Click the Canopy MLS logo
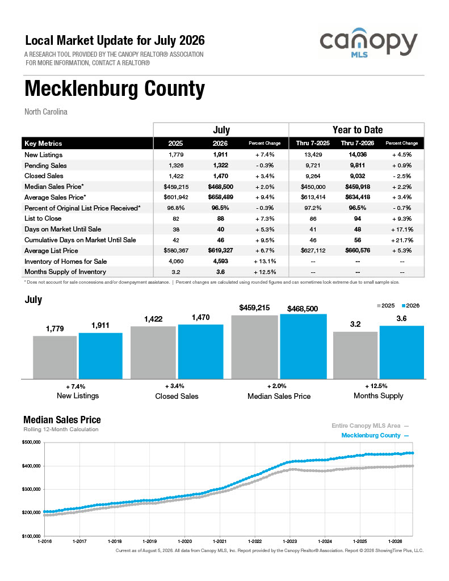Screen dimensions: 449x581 pos(368,43)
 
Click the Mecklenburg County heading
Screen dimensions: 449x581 pos(115,89)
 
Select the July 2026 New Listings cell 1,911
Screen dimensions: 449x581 pos(220,154)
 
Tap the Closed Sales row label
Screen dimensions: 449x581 pos(44,176)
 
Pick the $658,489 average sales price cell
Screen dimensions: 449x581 pos(220,197)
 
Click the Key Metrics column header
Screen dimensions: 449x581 pos(43,144)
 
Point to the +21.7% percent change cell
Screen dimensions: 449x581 pos(402,240)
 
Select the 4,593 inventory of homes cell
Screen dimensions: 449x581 pos(220,261)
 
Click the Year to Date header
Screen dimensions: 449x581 pos(358,130)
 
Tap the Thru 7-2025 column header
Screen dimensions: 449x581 pos(313,144)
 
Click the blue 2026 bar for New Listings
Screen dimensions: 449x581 pos(100,356)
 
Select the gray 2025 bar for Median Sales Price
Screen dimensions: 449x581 pos(255,347)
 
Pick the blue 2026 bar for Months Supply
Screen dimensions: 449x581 pos(401,352)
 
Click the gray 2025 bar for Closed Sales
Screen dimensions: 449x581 pos(153,353)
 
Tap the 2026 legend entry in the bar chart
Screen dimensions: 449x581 pos(411,306)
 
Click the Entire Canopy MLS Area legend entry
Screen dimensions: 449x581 pos(370,426)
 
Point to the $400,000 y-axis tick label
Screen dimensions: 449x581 pos(31,466)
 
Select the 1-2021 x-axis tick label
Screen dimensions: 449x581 pos(220,541)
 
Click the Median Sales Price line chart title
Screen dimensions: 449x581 pos(62,420)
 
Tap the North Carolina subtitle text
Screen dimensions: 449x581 pos(46,112)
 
